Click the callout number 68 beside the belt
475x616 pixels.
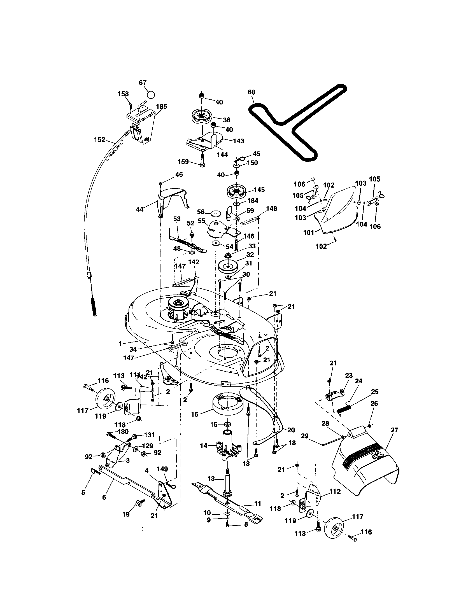coord(251,92)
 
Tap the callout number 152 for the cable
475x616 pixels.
coord(99,140)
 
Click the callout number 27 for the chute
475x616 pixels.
coord(394,430)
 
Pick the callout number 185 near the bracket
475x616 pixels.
coord(161,107)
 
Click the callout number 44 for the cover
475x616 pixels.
coord(140,209)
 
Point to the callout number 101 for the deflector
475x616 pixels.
coord(308,233)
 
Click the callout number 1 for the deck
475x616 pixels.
coord(120,344)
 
